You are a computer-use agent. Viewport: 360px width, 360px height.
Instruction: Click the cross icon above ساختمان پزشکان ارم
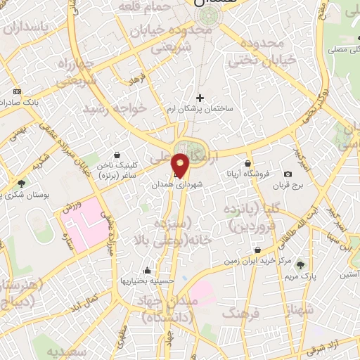pos(200,98)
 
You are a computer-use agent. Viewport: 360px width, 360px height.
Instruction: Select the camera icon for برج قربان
pos(288,174)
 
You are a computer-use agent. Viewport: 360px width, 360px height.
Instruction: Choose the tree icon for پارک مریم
pos(301,264)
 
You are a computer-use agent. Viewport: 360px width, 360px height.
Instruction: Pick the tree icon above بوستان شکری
pos(22,184)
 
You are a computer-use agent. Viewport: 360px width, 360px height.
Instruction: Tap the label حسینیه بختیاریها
pos(146,280)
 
